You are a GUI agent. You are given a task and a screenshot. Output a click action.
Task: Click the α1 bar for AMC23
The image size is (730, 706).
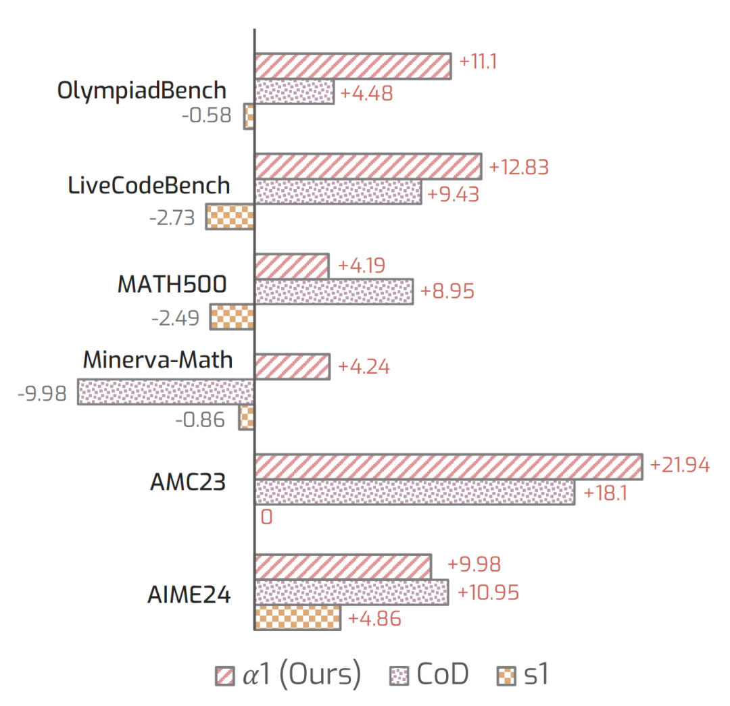point(447,467)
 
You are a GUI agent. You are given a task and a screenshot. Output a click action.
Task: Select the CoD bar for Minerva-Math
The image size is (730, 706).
point(166,392)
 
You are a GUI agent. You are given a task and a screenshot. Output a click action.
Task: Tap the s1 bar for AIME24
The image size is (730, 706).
point(297,617)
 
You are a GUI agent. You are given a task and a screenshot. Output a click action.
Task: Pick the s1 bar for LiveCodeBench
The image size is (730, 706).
point(230,217)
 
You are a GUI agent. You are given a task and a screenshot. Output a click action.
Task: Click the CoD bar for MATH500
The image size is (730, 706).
point(333,292)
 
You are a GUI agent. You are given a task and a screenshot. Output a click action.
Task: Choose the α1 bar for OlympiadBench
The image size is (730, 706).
point(352,66)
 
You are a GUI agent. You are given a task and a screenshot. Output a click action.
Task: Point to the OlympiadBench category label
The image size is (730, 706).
point(142,91)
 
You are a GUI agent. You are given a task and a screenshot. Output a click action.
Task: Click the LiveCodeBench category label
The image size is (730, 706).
point(149,185)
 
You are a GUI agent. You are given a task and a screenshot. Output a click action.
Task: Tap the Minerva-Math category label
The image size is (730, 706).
point(158,359)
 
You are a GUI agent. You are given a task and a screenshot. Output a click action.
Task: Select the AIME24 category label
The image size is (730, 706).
point(189,596)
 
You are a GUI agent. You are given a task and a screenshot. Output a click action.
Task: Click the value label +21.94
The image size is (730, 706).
point(679,465)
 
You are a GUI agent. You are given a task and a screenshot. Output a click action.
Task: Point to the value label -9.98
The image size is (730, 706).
point(42,393)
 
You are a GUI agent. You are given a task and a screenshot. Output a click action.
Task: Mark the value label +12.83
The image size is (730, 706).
point(518,168)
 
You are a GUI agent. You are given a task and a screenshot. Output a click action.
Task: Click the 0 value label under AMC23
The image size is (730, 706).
point(266,518)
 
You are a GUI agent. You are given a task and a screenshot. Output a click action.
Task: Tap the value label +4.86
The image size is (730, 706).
point(374,618)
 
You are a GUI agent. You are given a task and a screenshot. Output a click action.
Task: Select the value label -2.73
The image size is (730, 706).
point(172,218)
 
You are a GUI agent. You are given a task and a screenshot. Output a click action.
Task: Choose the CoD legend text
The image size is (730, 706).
point(443,676)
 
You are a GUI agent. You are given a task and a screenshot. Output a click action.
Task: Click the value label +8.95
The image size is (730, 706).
point(447,292)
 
